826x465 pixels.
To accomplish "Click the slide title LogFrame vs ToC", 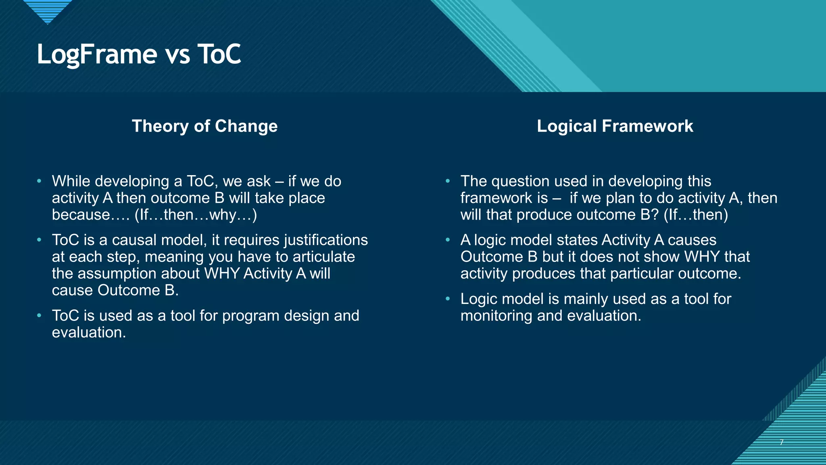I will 139,54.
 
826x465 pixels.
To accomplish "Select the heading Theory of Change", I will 204,126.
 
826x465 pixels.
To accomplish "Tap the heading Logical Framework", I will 615,126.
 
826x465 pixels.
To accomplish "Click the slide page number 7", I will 781,442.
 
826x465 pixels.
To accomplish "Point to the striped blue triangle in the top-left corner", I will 48,10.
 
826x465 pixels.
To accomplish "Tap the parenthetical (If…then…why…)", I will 196,215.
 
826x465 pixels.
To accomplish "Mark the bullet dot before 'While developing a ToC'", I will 39,181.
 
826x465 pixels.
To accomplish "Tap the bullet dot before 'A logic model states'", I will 448,240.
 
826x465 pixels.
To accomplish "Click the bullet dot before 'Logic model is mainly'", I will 448,299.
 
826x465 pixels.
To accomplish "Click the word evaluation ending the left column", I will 89,333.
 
